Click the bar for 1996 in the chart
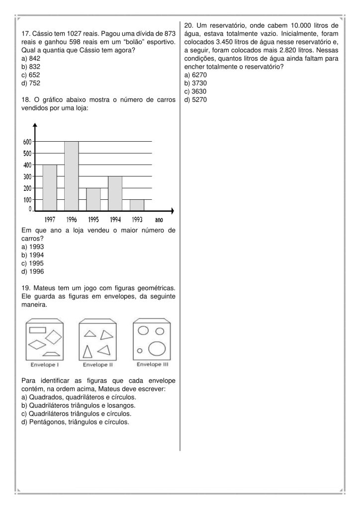tap(72, 175)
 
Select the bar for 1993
tap(137, 204)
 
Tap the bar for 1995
tap(93, 199)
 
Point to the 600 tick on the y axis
tap(27, 142)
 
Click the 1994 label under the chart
tap(115, 219)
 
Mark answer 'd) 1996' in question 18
tap(33, 271)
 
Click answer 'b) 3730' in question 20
tap(195, 83)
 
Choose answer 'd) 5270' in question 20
tap(195, 99)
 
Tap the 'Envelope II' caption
tap(97, 364)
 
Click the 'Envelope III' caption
tap(153, 364)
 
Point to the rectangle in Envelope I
tap(38, 329)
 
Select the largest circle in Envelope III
tap(157, 349)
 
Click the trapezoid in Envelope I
tap(52, 354)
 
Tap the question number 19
tap(26, 288)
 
